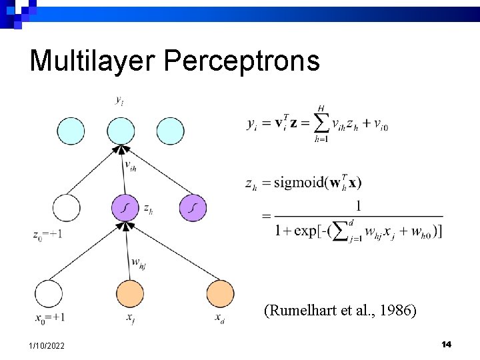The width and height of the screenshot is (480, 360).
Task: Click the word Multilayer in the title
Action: (91, 61)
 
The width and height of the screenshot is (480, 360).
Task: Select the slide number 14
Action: (446, 344)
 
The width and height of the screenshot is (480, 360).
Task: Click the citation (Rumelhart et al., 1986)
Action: (340, 310)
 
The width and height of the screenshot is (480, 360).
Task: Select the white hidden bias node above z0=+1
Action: (65, 208)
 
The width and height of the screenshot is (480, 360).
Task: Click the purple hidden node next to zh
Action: (125, 208)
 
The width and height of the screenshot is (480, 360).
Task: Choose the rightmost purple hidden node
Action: (193, 208)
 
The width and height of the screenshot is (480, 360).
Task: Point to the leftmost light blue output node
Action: (71, 131)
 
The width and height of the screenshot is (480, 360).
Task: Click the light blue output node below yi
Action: (121, 131)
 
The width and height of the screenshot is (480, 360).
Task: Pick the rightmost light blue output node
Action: (171, 131)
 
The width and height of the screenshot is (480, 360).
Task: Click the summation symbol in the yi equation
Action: (321, 124)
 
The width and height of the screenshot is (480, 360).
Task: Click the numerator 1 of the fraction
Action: (359, 205)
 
